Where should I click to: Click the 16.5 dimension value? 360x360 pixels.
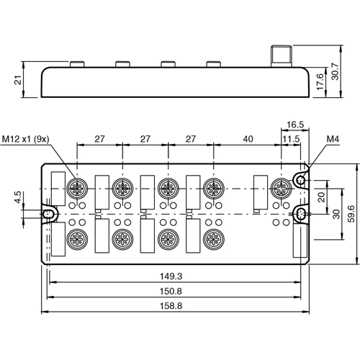click(294, 124)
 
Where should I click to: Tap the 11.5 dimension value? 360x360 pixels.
click(291, 138)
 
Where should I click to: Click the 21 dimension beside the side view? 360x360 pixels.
click(19, 81)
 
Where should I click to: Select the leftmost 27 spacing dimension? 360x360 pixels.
click(99, 138)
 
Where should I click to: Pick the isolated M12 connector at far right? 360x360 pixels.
click(279, 189)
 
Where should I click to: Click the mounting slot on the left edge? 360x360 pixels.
click(50, 214)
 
